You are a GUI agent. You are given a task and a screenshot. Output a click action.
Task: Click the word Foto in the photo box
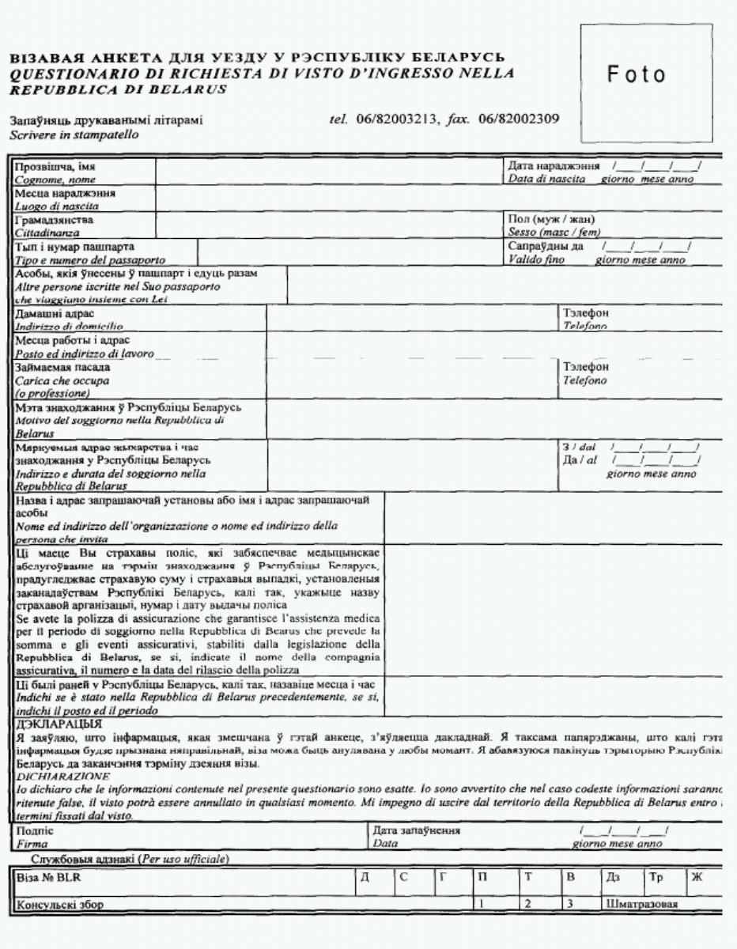636,75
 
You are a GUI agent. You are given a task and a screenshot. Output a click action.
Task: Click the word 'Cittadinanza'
47,233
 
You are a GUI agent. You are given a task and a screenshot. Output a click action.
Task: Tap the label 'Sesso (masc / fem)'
555,233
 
